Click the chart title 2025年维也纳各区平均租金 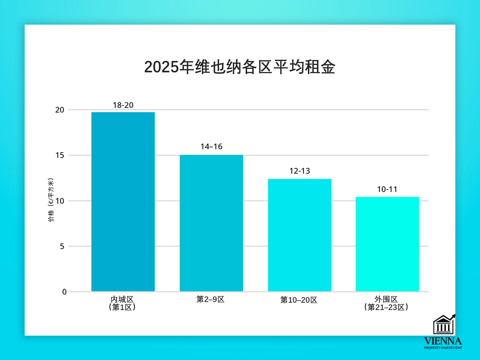(x=240, y=67)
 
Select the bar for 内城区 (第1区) (x=123, y=202)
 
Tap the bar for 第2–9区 (x=211, y=223)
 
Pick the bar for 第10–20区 (x=300, y=235)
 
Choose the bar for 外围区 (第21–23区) (x=387, y=244)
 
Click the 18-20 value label (x=123, y=105)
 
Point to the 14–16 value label (x=211, y=147)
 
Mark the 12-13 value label (x=300, y=171)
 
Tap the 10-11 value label (x=387, y=189)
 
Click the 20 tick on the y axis (x=60, y=110)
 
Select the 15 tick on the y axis (x=60, y=155)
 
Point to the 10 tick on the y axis (x=60, y=201)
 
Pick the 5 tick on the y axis (x=62, y=246)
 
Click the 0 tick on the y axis (x=64, y=292)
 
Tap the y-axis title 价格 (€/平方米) (x=51, y=200)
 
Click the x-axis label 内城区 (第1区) (x=122, y=303)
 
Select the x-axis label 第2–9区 (x=210, y=299)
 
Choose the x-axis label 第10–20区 (x=299, y=300)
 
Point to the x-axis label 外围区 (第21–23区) (x=386, y=303)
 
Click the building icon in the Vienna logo (x=443, y=325)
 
